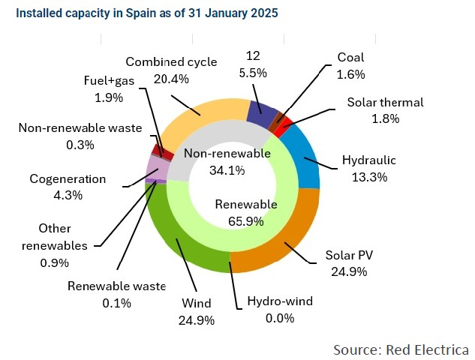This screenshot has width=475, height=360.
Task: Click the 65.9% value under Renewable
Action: coord(246,221)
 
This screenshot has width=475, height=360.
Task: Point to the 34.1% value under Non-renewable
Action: coord(227,170)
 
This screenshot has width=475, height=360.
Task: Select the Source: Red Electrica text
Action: coord(401,349)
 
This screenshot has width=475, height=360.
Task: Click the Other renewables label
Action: coord(55,237)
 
